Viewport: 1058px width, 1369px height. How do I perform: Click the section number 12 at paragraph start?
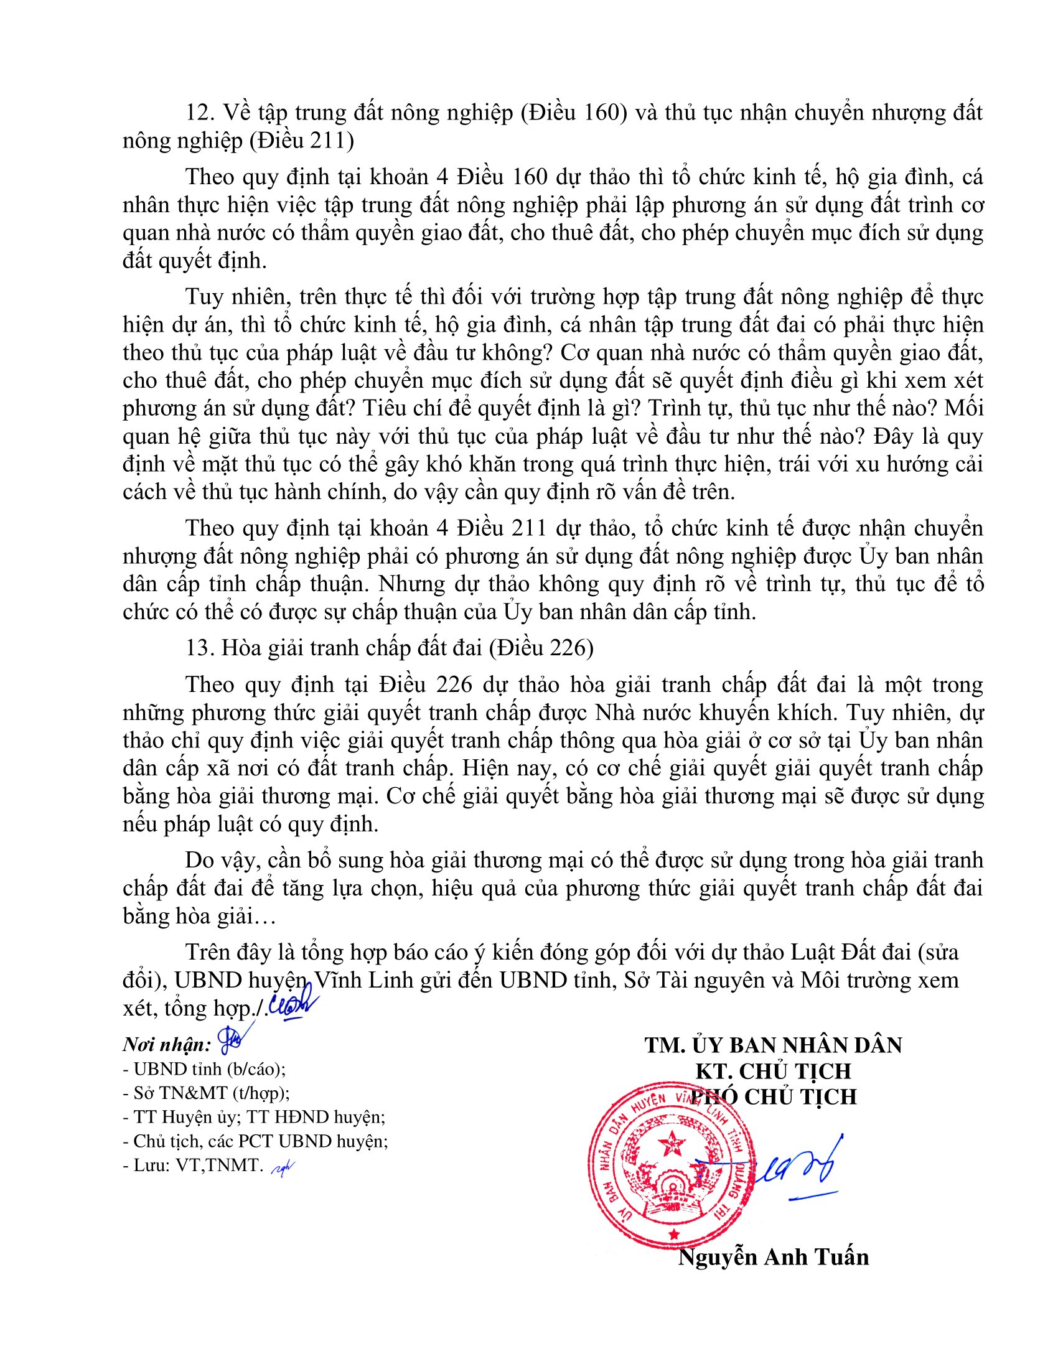200,113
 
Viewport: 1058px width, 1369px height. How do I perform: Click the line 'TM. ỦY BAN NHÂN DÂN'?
773,1045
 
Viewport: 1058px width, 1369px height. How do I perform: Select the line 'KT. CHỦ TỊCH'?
773,1071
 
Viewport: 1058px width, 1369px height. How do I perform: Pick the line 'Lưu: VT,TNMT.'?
197,1166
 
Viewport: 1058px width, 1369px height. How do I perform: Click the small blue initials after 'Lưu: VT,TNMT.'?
282,1167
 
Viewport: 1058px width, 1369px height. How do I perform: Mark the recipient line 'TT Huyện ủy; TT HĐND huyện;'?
260,1117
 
